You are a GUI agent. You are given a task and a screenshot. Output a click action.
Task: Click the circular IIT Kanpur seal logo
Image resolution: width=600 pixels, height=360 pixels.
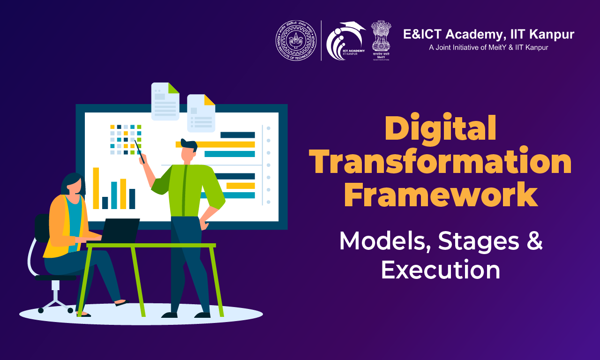click(296, 40)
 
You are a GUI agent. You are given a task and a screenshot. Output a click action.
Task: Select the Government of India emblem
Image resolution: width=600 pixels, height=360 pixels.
click(381, 37)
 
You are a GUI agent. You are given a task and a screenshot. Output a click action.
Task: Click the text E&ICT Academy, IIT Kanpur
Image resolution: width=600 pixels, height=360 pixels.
click(488, 34)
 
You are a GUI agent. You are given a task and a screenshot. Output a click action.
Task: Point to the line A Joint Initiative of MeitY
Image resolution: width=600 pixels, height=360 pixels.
click(488, 47)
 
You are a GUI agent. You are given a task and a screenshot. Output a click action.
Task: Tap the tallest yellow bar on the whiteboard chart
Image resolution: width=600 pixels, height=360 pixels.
click(96, 188)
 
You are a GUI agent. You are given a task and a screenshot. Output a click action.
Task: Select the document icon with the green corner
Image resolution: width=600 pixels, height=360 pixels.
click(165, 101)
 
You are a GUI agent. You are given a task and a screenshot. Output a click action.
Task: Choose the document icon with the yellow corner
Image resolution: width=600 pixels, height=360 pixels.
click(201, 113)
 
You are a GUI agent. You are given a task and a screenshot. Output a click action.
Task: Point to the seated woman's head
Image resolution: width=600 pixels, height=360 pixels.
click(73, 184)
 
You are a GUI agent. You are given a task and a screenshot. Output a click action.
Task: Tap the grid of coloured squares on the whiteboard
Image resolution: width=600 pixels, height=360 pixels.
click(126, 139)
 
